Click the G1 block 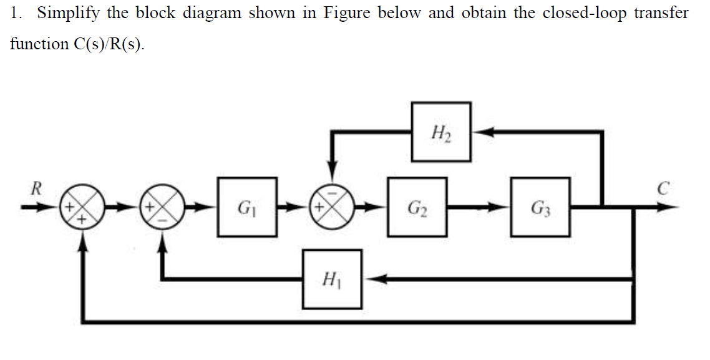pos(247,207)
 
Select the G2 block pos(417,207)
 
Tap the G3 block pos(540,207)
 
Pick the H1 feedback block pos(332,279)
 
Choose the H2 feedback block pos(441,132)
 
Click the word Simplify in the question pos(62,13)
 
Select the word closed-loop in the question pos(585,13)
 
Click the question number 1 pos(16,13)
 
